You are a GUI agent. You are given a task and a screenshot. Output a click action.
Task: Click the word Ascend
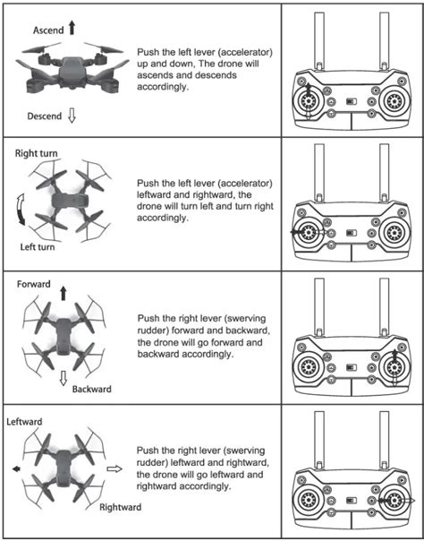pos(48,30)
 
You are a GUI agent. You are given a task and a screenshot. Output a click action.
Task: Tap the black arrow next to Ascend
pos(72,28)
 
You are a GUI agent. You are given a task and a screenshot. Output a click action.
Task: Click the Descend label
pos(45,116)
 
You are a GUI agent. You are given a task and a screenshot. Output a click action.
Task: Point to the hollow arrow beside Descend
pos(72,116)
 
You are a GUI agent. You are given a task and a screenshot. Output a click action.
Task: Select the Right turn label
pos(36,153)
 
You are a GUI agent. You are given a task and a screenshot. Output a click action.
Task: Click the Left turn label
pos(38,247)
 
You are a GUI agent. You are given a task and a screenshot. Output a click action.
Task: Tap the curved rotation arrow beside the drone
pos(21,210)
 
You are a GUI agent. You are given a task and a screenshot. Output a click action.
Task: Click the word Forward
pos(34,284)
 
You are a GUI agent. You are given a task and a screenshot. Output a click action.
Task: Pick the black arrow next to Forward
pos(64,293)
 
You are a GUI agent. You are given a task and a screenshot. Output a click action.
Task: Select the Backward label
pos(91,390)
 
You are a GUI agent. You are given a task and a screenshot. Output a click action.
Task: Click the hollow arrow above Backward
pos(64,378)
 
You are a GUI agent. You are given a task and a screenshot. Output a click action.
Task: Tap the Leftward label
pos(24,422)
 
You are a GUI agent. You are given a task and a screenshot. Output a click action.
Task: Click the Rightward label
pos(120,507)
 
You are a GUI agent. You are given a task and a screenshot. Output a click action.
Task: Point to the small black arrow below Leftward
pos(16,468)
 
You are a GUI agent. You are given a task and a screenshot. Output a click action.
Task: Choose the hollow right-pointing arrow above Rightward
pos(114,468)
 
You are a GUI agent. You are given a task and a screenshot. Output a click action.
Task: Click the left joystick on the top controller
pos(309,101)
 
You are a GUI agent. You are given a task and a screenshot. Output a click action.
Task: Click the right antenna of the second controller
pos(384,173)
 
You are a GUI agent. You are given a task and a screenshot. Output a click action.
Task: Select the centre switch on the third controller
pos(352,367)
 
